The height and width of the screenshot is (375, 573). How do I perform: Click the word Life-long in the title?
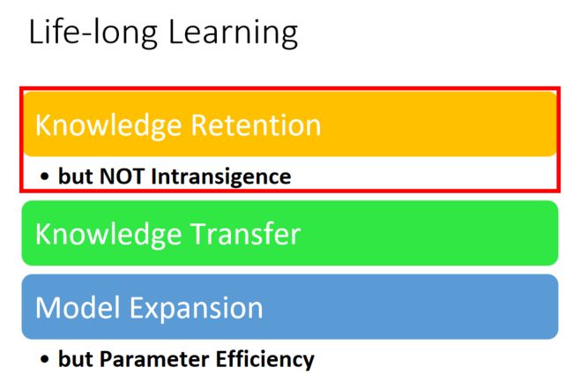pos(93,33)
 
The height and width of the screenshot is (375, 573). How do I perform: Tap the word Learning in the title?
pos(234,33)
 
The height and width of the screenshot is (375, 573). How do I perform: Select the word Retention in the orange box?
pos(257,125)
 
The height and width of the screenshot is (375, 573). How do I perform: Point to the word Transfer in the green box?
pos(246,234)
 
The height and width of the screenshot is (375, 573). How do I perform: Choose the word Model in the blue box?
pos(78,308)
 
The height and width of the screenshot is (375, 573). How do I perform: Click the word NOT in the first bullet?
pos(122,176)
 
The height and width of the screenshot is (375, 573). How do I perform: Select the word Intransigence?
pos(221,177)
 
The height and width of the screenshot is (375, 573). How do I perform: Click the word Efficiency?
pos(265,360)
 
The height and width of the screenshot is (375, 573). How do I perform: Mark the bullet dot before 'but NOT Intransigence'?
pos(45,177)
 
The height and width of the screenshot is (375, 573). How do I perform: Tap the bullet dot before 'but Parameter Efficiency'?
pos(45,359)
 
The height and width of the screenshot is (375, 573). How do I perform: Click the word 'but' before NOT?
pos(76,176)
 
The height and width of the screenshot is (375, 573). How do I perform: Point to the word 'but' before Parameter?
pos(76,359)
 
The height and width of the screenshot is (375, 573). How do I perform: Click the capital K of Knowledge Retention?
pos(43,125)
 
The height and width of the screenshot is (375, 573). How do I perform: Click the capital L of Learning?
pos(175,33)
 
